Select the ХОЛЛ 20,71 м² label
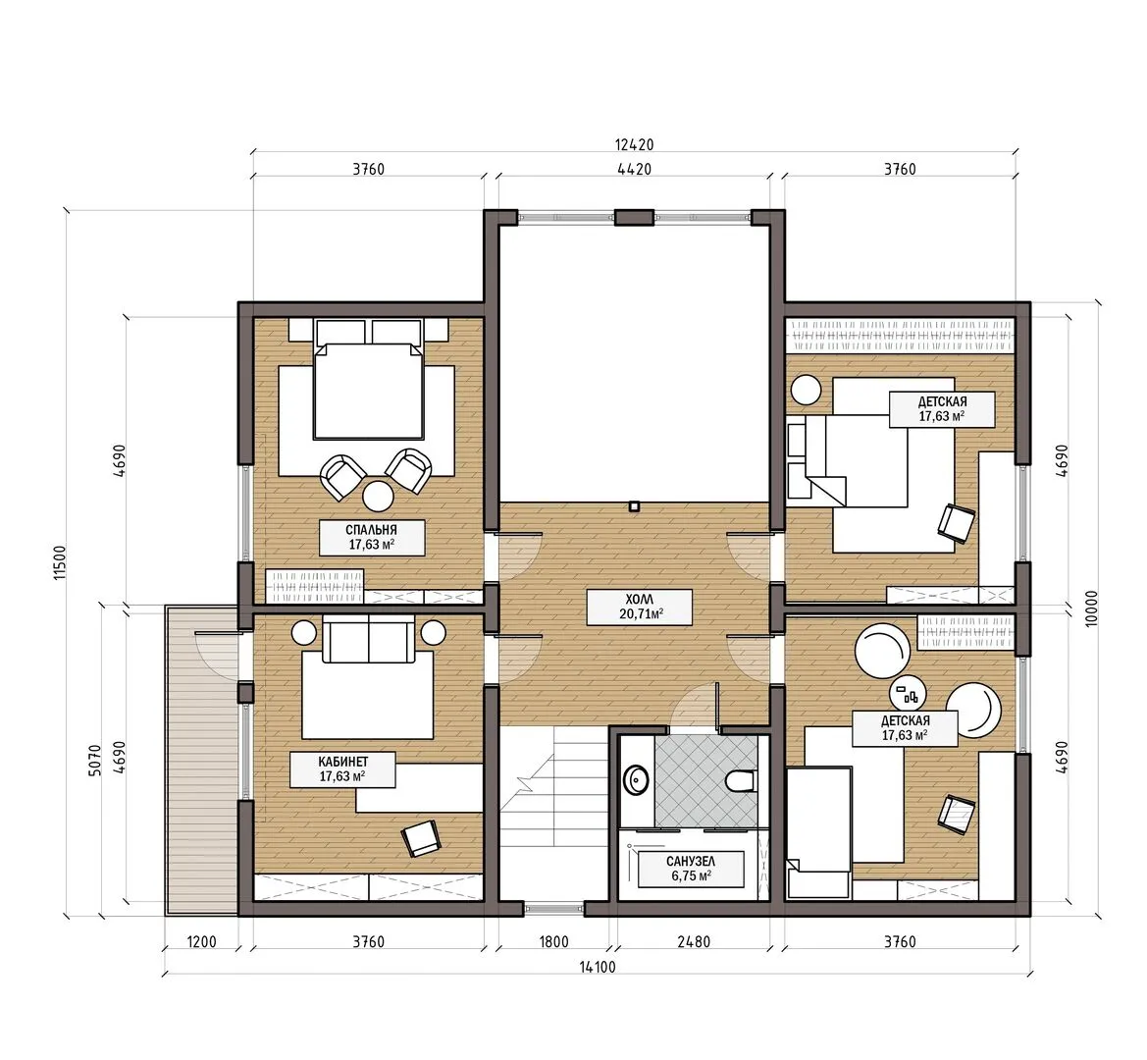click(640, 608)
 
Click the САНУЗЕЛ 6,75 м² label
click(691, 869)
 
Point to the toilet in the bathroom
click(740, 781)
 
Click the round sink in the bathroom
click(636, 780)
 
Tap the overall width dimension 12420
click(634, 145)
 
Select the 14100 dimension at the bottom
click(598, 967)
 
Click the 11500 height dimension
click(60, 561)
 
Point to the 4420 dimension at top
click(634, 169)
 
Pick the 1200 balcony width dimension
click(201, 942)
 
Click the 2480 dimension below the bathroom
click(694, 942)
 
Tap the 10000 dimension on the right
click(1092, 608)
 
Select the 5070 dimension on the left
click(94, 761)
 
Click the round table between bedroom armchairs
click(379, 496)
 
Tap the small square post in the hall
click(634, 505)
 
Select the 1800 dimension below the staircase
click(553, 942)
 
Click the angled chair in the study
click(421, 838)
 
